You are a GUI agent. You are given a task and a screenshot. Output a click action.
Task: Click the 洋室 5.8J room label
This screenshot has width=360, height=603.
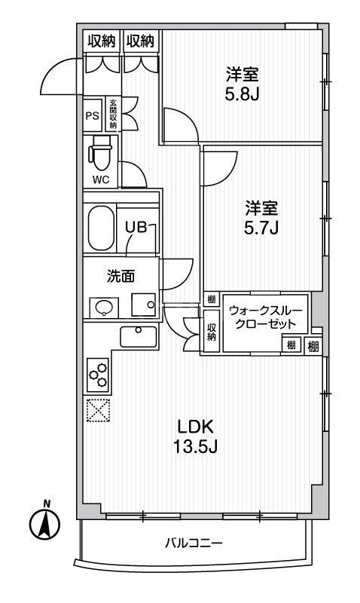pos(243,84)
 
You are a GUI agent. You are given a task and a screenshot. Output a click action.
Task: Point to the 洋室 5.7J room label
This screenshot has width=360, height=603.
pos(261,216)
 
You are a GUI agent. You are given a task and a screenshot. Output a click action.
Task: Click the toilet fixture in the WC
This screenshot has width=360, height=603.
pos(100,156)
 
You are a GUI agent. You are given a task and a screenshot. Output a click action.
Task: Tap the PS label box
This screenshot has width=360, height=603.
pos(92,115)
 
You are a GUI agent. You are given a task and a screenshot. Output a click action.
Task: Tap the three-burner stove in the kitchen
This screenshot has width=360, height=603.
pos(98,372)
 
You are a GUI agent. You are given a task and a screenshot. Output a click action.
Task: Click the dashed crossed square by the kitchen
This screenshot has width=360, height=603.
pos(98,410)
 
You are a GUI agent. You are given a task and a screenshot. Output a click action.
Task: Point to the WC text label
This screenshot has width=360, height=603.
pos(100,179)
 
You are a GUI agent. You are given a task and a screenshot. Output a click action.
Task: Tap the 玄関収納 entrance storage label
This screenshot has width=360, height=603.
pos(113,115)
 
